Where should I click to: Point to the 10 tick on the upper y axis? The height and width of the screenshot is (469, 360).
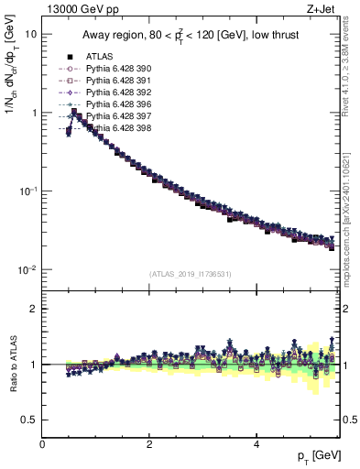click(x=32, y=34)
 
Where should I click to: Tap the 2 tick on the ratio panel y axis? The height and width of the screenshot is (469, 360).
click(x=33, y=309)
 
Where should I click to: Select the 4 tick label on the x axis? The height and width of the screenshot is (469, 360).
click(x=256, y=444)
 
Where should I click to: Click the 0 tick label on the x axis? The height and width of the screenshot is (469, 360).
click(x=42, y=444)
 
